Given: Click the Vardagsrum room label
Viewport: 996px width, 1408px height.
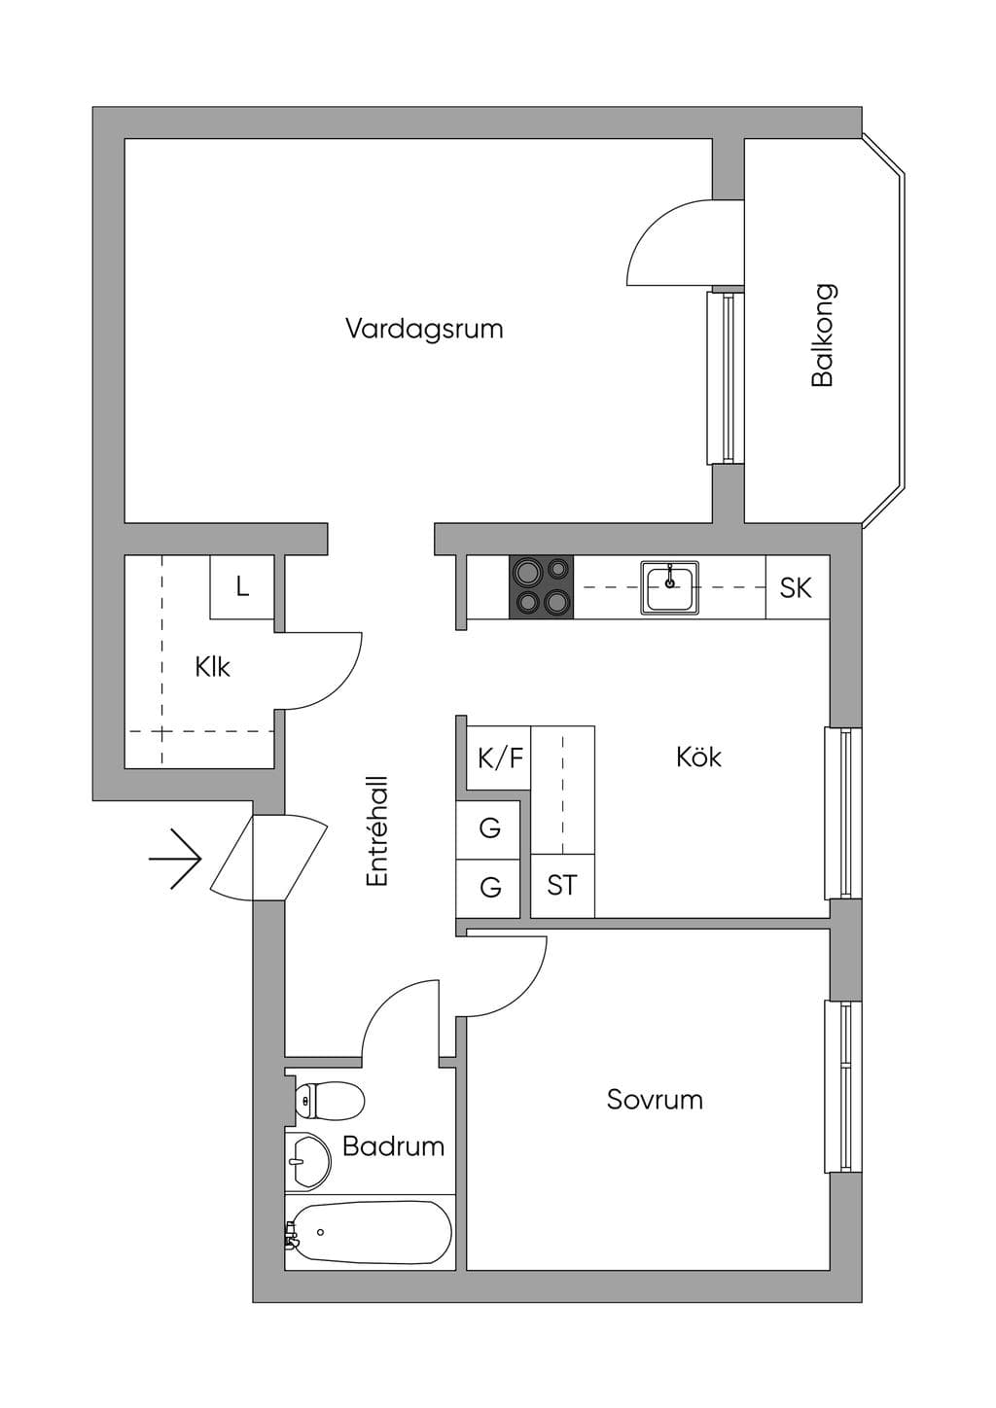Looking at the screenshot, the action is [424, 329].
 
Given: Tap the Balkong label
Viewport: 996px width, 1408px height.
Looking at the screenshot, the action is [823, 335].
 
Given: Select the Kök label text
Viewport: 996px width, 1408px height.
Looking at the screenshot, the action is [698, 757].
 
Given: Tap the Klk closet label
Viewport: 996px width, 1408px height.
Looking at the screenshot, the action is [213, 667].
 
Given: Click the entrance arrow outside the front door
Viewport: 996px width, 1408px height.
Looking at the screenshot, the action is [175, 859].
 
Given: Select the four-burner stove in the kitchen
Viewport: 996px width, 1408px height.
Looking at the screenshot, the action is [542, 587].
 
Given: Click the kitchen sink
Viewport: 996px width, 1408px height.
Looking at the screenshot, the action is [669, 587].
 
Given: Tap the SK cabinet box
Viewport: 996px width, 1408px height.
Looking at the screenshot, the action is [798, 587].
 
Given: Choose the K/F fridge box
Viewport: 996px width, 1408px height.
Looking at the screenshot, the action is [499, 757].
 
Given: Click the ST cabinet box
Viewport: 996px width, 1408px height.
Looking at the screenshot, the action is [563, 886].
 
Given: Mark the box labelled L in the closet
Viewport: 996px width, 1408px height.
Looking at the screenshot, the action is [242, 587].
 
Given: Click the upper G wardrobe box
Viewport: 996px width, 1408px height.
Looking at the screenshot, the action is [488, 829].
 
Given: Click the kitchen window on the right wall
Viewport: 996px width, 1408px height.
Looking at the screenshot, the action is [842, 813].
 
